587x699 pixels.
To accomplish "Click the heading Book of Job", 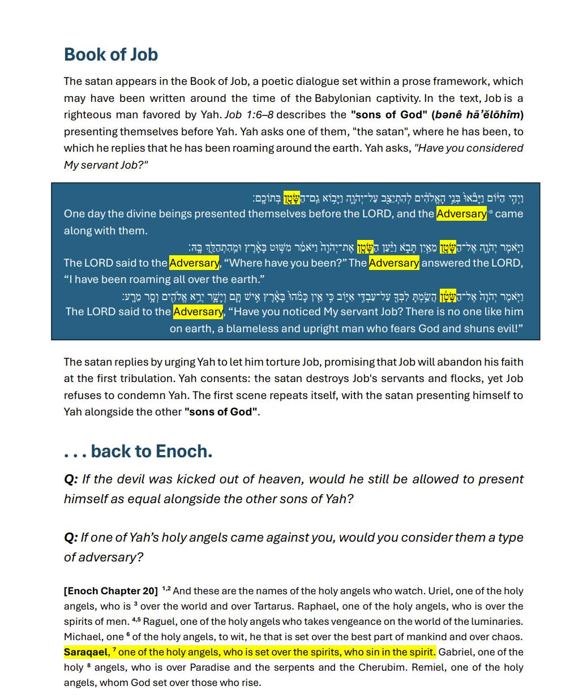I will pos(111,55).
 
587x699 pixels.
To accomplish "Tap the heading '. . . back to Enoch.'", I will pos(138,452).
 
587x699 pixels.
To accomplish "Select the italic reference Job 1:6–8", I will pos(248,115).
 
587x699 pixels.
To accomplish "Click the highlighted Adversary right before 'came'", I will pos(461,214).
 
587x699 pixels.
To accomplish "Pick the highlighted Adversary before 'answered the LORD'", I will pos(394,263).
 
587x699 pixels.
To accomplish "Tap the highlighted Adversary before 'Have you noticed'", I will pos(198,312).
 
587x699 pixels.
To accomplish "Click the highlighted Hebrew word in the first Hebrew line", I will pos(292,198).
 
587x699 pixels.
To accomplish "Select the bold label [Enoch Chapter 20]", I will pos(111,591).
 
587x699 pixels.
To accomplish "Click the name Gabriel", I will pos(457,652).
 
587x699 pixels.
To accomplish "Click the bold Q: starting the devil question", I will pos(71,479).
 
